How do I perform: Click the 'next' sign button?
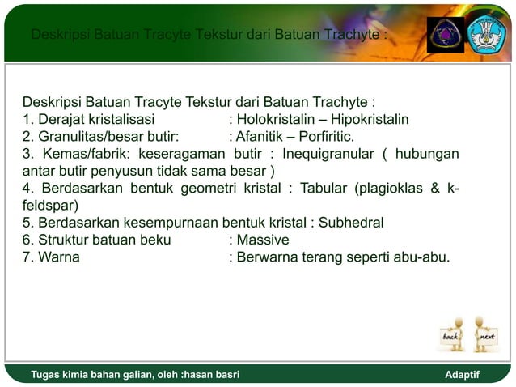(x=486, y=335)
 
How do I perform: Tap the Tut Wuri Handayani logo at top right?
(x=488, y=35)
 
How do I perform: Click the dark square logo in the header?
(x=446, y=35)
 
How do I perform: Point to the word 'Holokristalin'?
(x=274, y=120)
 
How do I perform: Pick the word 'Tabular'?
(x=324, y=189)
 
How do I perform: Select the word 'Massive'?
(x=263, y=240)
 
